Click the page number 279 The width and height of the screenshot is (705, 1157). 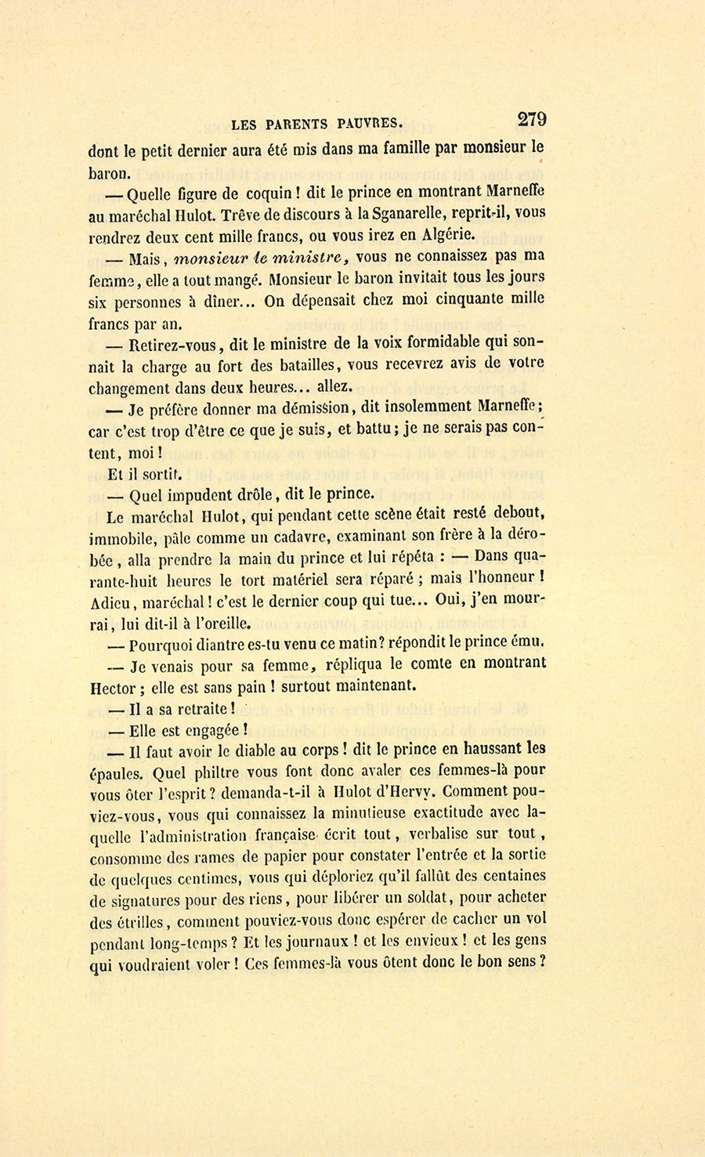coord(531,119)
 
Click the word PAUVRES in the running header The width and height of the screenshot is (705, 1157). coord(371,122)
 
